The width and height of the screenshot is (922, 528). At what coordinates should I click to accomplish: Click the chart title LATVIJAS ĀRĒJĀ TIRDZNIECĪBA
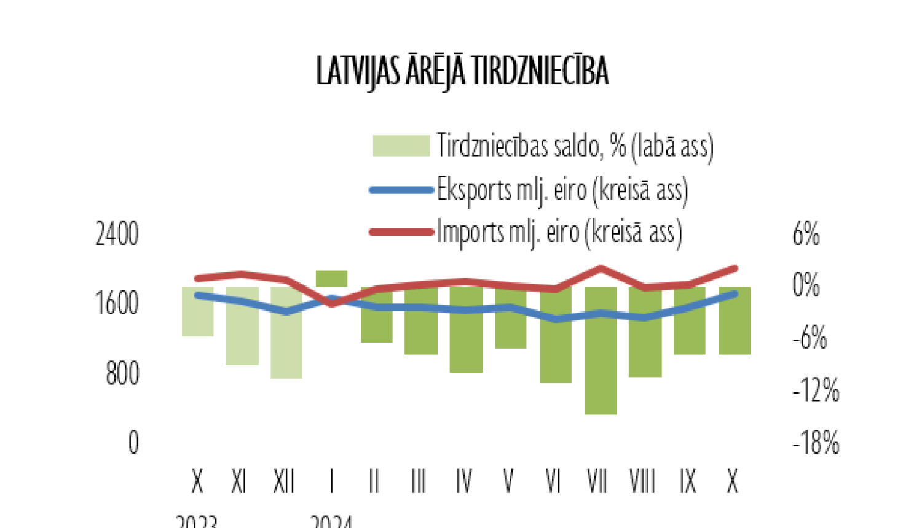[x=462, y=71]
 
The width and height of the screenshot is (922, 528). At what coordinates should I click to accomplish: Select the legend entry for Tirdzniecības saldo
[x=575, y=146]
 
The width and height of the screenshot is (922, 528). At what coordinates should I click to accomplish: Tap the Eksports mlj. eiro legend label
[x=562, y=190]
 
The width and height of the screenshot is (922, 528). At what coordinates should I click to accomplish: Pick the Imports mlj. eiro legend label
[x=559, y=233]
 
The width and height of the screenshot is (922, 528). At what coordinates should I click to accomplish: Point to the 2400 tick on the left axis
[x=117, y=235]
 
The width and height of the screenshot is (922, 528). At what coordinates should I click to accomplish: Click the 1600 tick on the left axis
[x=117, y=303]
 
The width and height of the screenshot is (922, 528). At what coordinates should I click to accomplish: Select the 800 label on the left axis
[x=122, y=373]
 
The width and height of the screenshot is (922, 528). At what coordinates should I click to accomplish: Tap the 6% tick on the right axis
[x=806, y=235]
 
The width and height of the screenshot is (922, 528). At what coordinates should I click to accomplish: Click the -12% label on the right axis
[x=816, y=390]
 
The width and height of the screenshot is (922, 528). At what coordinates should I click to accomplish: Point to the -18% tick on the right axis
[x=816, y=443]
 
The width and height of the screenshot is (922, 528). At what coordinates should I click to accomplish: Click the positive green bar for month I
[x=331, y=278]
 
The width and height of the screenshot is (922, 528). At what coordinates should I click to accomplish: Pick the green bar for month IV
[x=466, y=344]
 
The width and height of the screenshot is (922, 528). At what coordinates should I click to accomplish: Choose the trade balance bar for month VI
[x=556, y=350]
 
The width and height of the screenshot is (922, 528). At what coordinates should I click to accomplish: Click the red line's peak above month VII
[x=601, y=268]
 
